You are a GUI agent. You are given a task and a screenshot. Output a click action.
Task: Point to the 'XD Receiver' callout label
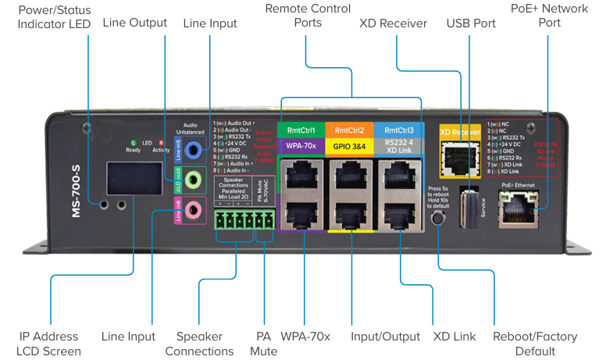click(x=393, y=23)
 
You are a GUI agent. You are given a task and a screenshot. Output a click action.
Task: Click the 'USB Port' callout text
click(x=471, y=23)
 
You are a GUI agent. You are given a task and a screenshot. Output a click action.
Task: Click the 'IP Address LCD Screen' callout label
click(x=50, y=344)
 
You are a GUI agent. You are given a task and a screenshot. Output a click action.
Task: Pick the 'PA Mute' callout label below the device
click(x=263, y=344)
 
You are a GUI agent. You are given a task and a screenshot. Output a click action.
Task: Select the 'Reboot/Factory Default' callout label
click(x=535, y=344)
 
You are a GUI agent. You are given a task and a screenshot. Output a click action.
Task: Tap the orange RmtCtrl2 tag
click(x=350, y=130)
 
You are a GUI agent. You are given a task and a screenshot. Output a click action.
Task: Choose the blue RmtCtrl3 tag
click(x=398, y=130)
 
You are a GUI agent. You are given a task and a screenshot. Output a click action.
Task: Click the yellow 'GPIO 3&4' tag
click(x=350, y=145)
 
